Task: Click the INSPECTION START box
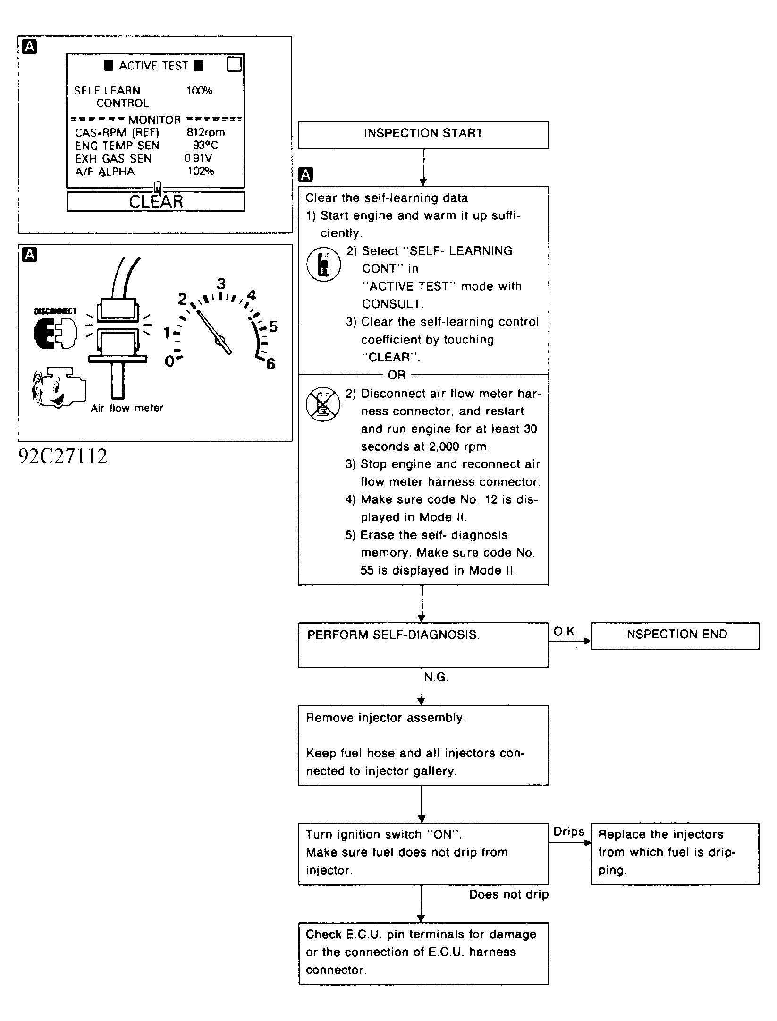[x=423, y=135]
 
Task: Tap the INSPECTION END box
[x=675, y=636]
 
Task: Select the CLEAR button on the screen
[x=156, y=201]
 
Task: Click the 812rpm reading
[x=206, y=132]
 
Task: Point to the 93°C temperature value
[x=205, y=145]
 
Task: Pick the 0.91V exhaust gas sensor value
[x=198, y=158]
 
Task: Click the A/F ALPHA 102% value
[x=201, y=171]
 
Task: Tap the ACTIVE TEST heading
[x=154, y=66]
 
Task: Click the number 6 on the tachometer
[x=270, y=364]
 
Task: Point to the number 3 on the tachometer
[x=221, y=284]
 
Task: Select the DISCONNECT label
[x=55, y=311]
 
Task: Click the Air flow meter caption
[x=127, y=408]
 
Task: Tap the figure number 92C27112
[x=63, y=456]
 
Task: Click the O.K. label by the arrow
[x=566, y=632]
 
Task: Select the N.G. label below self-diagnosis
[x=436, y=678]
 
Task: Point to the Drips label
[x=569, y=832]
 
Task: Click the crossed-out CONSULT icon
[x=323, y=404]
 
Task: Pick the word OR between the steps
[x=397, y=375]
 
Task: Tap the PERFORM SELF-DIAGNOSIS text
[x=393, y=635]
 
